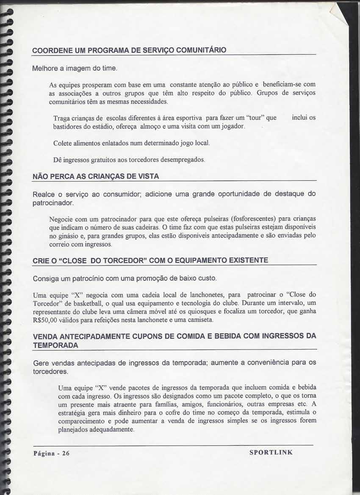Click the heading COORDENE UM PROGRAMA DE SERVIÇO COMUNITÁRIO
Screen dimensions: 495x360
click(x=130, y=50)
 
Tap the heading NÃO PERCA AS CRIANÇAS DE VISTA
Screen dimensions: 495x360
click(x=96, y=176)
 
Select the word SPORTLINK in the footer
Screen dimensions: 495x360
click(x=271, y=452)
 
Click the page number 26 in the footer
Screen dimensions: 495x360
click(x=66, y=453)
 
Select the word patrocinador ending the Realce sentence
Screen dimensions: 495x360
click(x=53, y=204)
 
